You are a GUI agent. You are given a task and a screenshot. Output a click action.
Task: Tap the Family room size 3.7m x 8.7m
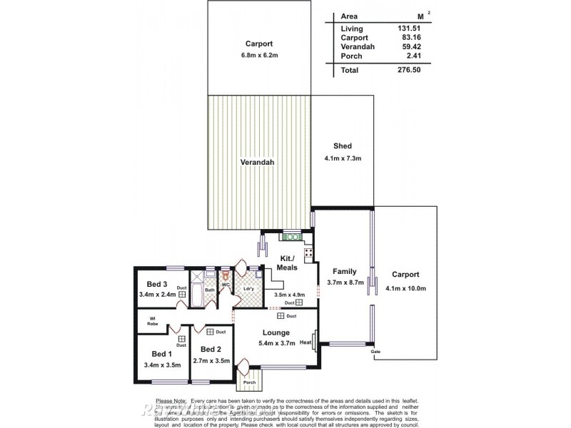point(345,282)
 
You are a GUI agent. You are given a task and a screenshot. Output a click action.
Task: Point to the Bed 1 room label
point(161,354)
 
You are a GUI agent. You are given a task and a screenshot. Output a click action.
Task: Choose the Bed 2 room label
point(211,349)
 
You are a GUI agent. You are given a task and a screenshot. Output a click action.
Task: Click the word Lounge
point(275,332)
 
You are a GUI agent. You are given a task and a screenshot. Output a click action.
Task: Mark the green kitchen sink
point(292,237)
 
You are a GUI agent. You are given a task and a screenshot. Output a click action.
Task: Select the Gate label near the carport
point(375,352)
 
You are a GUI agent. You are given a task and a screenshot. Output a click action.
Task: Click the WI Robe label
point(153,321)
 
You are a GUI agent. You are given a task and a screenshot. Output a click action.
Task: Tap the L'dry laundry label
point(248,289)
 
